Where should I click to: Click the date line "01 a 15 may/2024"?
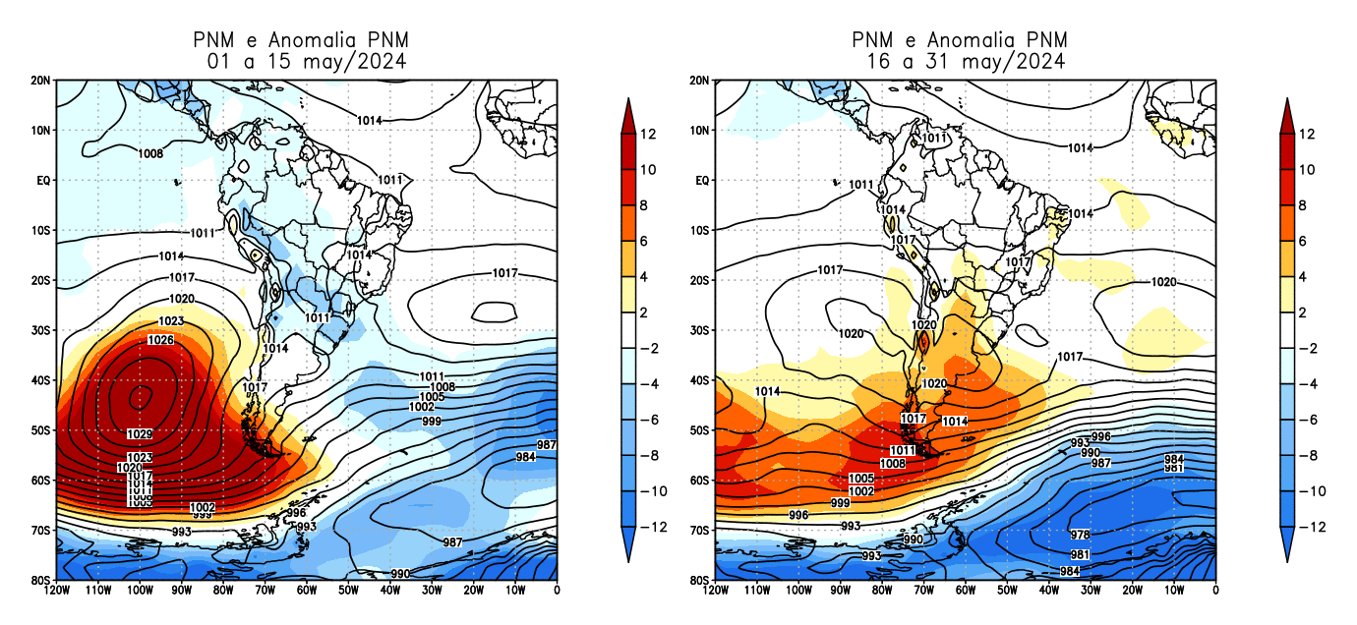307,61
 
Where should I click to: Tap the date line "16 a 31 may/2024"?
966,61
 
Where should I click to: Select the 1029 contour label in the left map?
140,434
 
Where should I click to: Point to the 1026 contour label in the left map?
161,340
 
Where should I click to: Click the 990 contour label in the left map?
400,573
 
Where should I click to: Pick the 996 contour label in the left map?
296,513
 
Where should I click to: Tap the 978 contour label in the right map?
1080,535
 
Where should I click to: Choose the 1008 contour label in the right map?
892,463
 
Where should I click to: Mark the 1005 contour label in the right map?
861,479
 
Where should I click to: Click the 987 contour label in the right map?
1101,463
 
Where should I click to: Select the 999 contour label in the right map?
841,503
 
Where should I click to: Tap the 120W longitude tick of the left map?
56,590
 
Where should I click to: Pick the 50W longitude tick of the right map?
1006,590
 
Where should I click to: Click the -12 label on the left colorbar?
654,527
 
